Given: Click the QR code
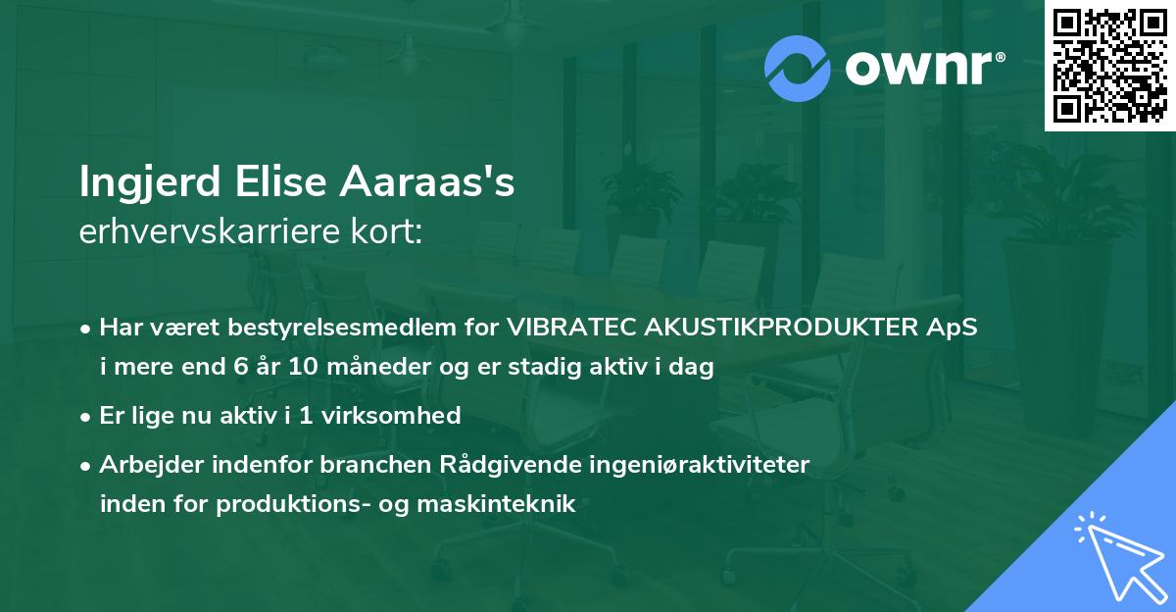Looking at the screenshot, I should (1109, 66).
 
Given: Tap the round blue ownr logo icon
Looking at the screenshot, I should (799, 68).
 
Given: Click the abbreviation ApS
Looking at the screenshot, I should (955, 328).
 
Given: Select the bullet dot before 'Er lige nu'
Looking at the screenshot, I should (87, 417).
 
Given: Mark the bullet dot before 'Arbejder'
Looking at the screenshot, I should (87, 466).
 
